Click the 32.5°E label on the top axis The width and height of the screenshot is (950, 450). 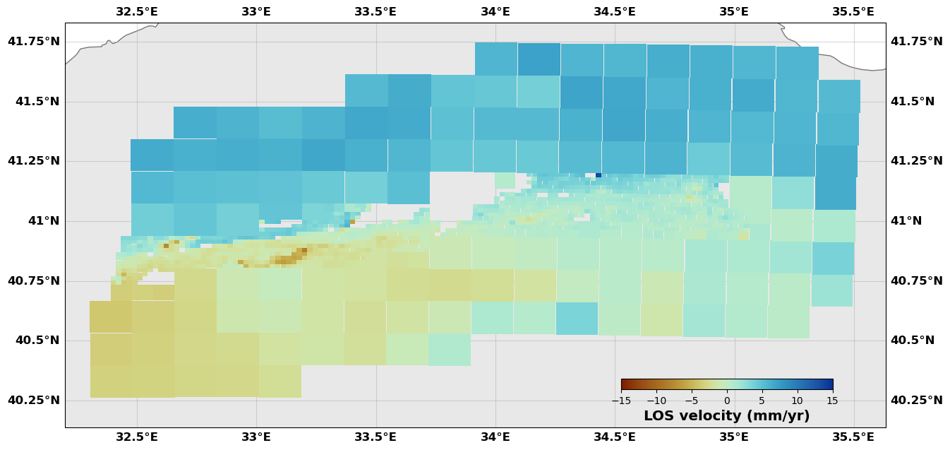click(x=136, y=11)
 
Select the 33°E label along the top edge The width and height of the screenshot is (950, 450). click(x=255, y=11)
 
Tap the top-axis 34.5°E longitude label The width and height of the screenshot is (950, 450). click(x=614, y=11)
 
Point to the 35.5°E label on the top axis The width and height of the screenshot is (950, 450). click(x=853, y=11)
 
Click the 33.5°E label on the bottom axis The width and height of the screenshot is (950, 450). click(x=375, y=437)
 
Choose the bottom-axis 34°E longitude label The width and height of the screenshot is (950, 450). click(x=495, y=437)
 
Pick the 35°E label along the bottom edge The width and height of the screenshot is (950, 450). click(x=734, y=437)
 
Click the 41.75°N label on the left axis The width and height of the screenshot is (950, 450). click(x=33, y=42)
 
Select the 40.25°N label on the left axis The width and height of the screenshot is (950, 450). click(x=33, y=401)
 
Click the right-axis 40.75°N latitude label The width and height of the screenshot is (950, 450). click(x=916, y=281)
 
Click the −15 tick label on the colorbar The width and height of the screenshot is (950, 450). click(x=621, y=401)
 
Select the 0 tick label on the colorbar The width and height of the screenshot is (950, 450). click(x=727, y=401)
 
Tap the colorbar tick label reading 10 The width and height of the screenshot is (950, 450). click(x=797, y=401)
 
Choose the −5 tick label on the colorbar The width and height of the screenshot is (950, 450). click(x=692, y=401)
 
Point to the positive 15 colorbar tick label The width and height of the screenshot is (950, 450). click(x=832, y=401)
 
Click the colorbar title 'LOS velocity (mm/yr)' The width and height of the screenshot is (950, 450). click(x=726, y=416)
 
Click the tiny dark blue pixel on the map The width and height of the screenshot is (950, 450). click(x=599, y=174)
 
